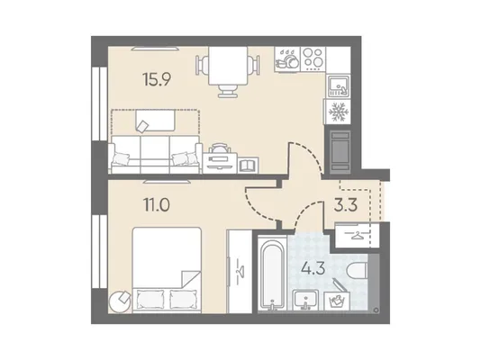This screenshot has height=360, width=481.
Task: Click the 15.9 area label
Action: click(157, 79)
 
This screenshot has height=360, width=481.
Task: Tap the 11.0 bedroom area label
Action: click(157, 204)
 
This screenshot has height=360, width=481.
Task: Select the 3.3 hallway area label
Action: click(346, 206)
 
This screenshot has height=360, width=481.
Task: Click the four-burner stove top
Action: click(313, 59)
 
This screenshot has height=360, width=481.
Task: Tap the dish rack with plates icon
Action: click(287, 59)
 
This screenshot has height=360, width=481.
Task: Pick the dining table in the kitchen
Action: click(228, 66)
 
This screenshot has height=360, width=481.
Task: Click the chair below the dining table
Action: click(228, 91)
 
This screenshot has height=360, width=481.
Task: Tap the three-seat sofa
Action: click(155, 154)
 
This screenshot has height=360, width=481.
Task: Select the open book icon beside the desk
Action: click(249, 166)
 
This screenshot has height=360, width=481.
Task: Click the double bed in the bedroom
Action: click(167, 270)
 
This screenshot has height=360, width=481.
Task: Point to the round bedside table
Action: click(120, 301)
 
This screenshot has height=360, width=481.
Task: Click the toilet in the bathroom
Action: click(357, 271)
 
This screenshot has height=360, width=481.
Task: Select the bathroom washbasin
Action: click(305, 300)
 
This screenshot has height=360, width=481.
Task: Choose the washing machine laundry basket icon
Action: click(336, 296)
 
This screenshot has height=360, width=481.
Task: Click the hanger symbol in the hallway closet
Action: click(357, 236)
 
